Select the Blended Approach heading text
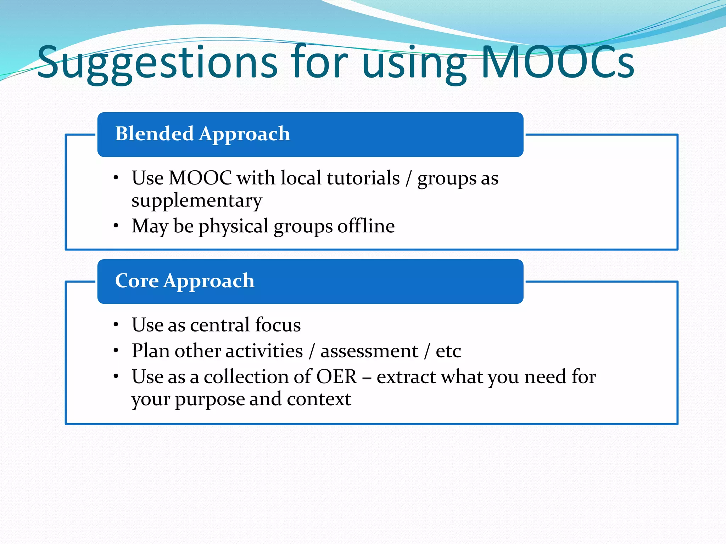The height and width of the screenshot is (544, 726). pos(202,134)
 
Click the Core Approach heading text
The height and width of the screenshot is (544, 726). pos(185,281)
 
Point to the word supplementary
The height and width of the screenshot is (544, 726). pos(197,201)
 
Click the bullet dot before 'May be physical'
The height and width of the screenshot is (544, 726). pos(116,226)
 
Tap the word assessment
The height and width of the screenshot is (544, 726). pos(369,351)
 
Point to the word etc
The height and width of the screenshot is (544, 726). pos(448,351)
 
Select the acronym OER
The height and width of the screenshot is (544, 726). pos(336,376)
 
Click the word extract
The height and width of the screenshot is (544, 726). pos(406,376)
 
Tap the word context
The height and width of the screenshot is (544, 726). pos(319,399)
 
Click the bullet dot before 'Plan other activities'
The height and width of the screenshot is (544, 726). pos(116,351)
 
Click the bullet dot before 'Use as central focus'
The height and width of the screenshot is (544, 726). pos(116,325)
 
